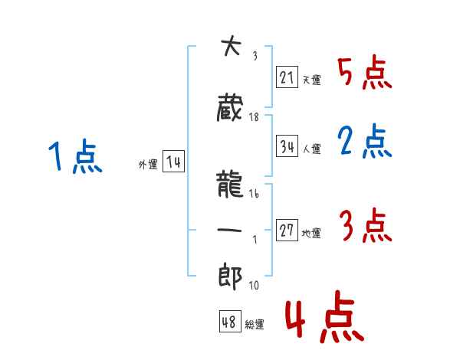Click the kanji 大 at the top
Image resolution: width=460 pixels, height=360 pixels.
[x=229, y=47]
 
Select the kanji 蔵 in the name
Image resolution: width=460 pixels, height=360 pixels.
[x=230, y=108]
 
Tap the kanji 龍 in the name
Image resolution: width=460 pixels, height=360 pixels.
[x=230, y=186]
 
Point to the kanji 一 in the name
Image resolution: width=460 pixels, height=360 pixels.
[x=230, y=231]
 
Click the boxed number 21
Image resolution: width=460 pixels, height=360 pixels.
[x=287, y=77]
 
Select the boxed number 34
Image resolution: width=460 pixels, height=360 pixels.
[x=287, y=147]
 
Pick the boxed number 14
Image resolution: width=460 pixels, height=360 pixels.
[x=173, y=162]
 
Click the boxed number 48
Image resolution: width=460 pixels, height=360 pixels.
[x=229, y=322]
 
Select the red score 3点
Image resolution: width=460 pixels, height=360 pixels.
[x=365, y=226]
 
